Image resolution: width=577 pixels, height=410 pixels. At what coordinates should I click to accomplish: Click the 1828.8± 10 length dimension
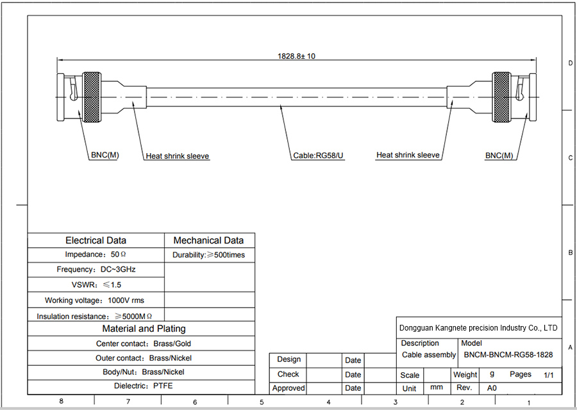click(x=296, y=56)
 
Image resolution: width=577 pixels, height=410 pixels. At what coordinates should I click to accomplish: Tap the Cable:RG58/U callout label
click(x=319, y=156)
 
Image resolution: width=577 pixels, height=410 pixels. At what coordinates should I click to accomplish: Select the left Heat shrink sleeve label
click(x=178, y=156)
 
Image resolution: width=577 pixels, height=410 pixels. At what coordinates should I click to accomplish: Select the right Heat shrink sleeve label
click(x=408, y=155)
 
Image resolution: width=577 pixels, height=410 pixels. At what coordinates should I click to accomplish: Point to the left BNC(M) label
click(x=104, y=156)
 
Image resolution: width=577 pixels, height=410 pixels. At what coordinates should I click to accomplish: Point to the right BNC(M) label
click(x=499, y=156)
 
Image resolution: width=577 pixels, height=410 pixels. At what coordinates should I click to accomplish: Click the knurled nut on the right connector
click(x=502, y=97)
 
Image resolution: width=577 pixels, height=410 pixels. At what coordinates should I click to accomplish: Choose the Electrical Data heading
click(x=96, y=240)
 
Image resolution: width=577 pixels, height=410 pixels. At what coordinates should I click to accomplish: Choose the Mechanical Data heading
click(x=209, y=240)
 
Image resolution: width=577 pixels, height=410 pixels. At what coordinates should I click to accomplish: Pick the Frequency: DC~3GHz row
click(x=96, y=270)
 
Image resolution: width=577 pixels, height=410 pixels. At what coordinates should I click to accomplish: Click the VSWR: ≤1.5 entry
click(x=96, y=284)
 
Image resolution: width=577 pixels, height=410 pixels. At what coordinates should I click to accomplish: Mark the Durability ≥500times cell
click(x=208, y=255)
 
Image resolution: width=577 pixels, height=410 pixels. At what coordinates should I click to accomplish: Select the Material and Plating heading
click(x=144, y=329)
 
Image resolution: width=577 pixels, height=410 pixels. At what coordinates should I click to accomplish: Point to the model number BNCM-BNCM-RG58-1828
click(x=508, y=354)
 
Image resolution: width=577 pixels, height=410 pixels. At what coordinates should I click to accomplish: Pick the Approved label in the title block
click(x=288, y=388)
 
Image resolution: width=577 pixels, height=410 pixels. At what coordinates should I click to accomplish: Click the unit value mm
click(x=437, y=388)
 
